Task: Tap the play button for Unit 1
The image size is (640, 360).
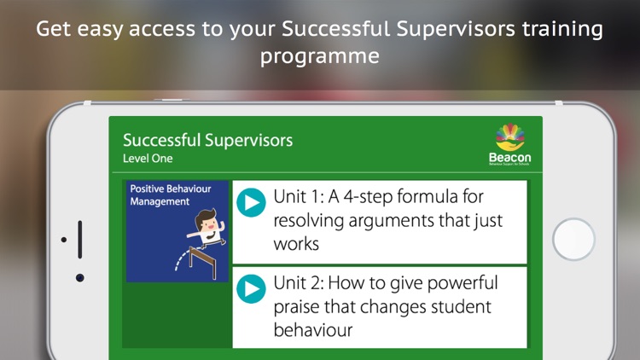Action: pyautogui.click(x=251, y=202)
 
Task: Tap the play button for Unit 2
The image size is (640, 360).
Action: pyautogui.click(x=251, y=288)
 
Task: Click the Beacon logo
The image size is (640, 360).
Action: pyautogui.click(x=509, y=144)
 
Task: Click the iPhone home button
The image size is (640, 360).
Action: pyautogui.click(x=573, y=240)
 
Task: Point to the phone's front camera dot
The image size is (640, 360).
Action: pyautogui.click(x=79, y=277)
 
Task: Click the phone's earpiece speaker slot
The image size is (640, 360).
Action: pyautogui.click(x=79, y=239)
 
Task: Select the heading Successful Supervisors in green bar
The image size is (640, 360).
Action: pyautogui.click(x=207, y=140)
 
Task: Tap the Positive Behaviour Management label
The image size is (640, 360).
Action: pyautogui.click(x=171, y=195)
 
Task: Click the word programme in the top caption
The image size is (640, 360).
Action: pyautogui.click(x=319, y=56)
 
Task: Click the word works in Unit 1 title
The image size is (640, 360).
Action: pyautogui.click(x=295, y=244)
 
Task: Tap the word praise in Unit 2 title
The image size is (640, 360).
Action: pyautogui.click(x=300, y=305)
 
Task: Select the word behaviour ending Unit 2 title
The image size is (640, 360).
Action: pyautogui.click(x=312, y=328)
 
